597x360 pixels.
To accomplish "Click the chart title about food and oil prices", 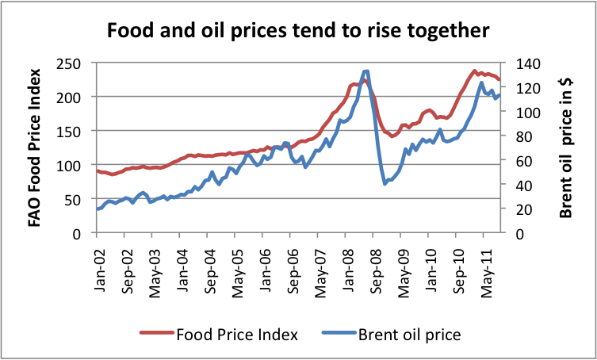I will (x=298, y=32).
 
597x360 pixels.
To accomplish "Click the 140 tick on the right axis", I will (x=528, y=63).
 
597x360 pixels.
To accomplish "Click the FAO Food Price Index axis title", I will (x=36, y=147).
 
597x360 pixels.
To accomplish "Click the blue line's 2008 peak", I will (x=365, y=71).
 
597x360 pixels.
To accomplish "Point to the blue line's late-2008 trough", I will (x=385, y=183).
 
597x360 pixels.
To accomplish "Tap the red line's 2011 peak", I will (x=474, y=71).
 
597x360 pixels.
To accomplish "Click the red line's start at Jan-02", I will (x=97, y=170).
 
